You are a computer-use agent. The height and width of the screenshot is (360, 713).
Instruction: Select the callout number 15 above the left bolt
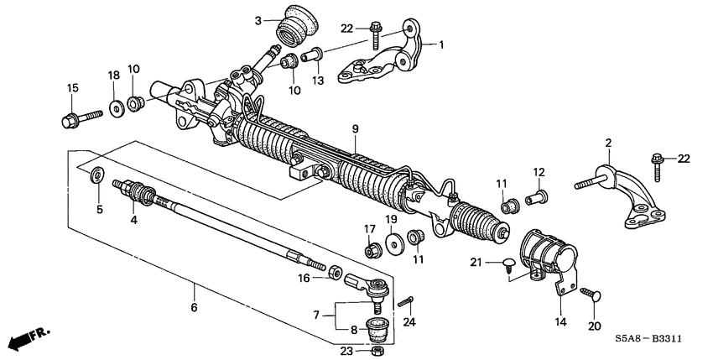point(72,88)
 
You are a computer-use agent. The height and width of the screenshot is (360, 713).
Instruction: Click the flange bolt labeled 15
point(75,117)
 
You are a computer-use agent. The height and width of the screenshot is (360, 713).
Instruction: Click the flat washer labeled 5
point(97,175)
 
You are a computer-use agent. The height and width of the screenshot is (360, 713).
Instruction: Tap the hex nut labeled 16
point(332,272)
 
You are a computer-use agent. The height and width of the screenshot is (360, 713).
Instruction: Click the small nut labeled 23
point(378,349)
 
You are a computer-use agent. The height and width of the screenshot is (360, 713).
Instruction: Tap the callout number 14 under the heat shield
point(559,321)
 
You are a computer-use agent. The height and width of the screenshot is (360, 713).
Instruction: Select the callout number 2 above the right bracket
point(608,143)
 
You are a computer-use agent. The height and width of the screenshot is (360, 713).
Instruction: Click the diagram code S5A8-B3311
point(658,338)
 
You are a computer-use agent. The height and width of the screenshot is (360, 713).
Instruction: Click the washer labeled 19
point(391,248)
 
